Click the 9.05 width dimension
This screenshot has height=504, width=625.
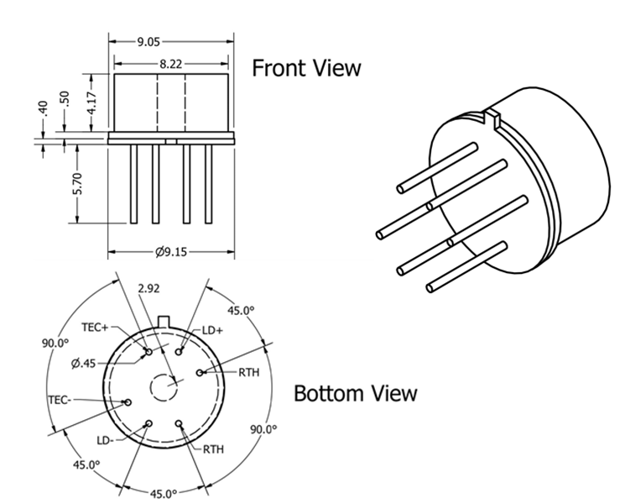(148, 42)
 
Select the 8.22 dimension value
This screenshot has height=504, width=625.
(170, 64)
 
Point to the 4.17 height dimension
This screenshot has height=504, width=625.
(91, 102)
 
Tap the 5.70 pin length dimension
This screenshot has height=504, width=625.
(77, 184)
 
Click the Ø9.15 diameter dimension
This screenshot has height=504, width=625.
(170, 252)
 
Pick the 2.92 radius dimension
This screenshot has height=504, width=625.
(148, 288)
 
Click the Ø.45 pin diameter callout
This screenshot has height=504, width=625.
(84, 364)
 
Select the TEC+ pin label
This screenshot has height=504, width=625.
(95, 328)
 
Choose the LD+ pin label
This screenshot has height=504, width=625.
(213, 330)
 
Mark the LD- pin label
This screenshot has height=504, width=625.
(105, 440)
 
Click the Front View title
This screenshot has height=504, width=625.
(306, 68)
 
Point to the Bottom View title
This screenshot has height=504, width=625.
(355, 393)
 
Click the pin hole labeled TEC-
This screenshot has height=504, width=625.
(128, 402)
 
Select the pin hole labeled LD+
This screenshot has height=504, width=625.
(179, 352)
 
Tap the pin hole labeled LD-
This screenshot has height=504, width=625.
(149, 423)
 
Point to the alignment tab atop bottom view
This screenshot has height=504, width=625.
(164, 321)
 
